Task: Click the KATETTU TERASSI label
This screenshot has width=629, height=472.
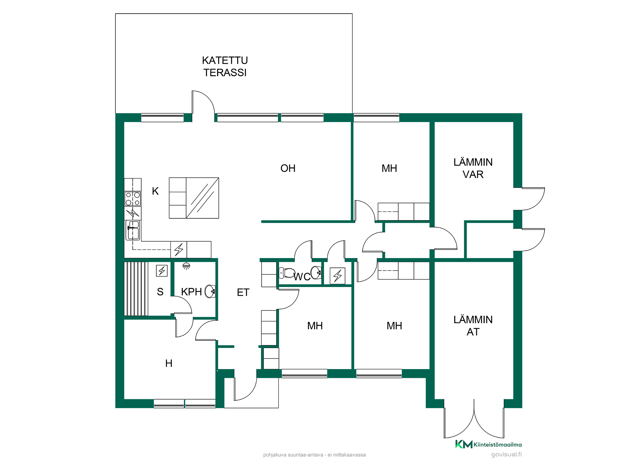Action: tap(225, 66)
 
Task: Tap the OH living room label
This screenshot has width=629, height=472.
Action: tap(288, 168)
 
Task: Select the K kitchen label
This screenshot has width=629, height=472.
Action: tap(155, 191)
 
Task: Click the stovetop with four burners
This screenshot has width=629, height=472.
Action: tap(133, 199)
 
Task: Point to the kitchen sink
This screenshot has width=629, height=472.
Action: tap(133, 230)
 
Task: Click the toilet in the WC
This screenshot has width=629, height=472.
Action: tap(287, 273)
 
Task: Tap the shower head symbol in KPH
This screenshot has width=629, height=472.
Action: tap(186, 267)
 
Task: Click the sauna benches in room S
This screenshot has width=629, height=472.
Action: tap(136, 289)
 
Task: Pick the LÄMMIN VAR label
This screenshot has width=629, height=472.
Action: tap(473, 168)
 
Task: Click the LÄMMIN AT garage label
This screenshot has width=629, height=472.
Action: tap(473, 326)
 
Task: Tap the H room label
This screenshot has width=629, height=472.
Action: tap(169, 363)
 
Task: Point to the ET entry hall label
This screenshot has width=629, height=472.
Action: tap(243, 292)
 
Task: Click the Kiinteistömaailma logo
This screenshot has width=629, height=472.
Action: tap(488, 444)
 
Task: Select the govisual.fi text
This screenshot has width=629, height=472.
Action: tap(506, 454)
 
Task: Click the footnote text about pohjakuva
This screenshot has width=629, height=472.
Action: tap(314, 455)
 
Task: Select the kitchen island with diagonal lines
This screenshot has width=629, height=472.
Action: tap(194, 198)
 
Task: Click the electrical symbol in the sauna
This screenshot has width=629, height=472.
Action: tap(162, 271)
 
